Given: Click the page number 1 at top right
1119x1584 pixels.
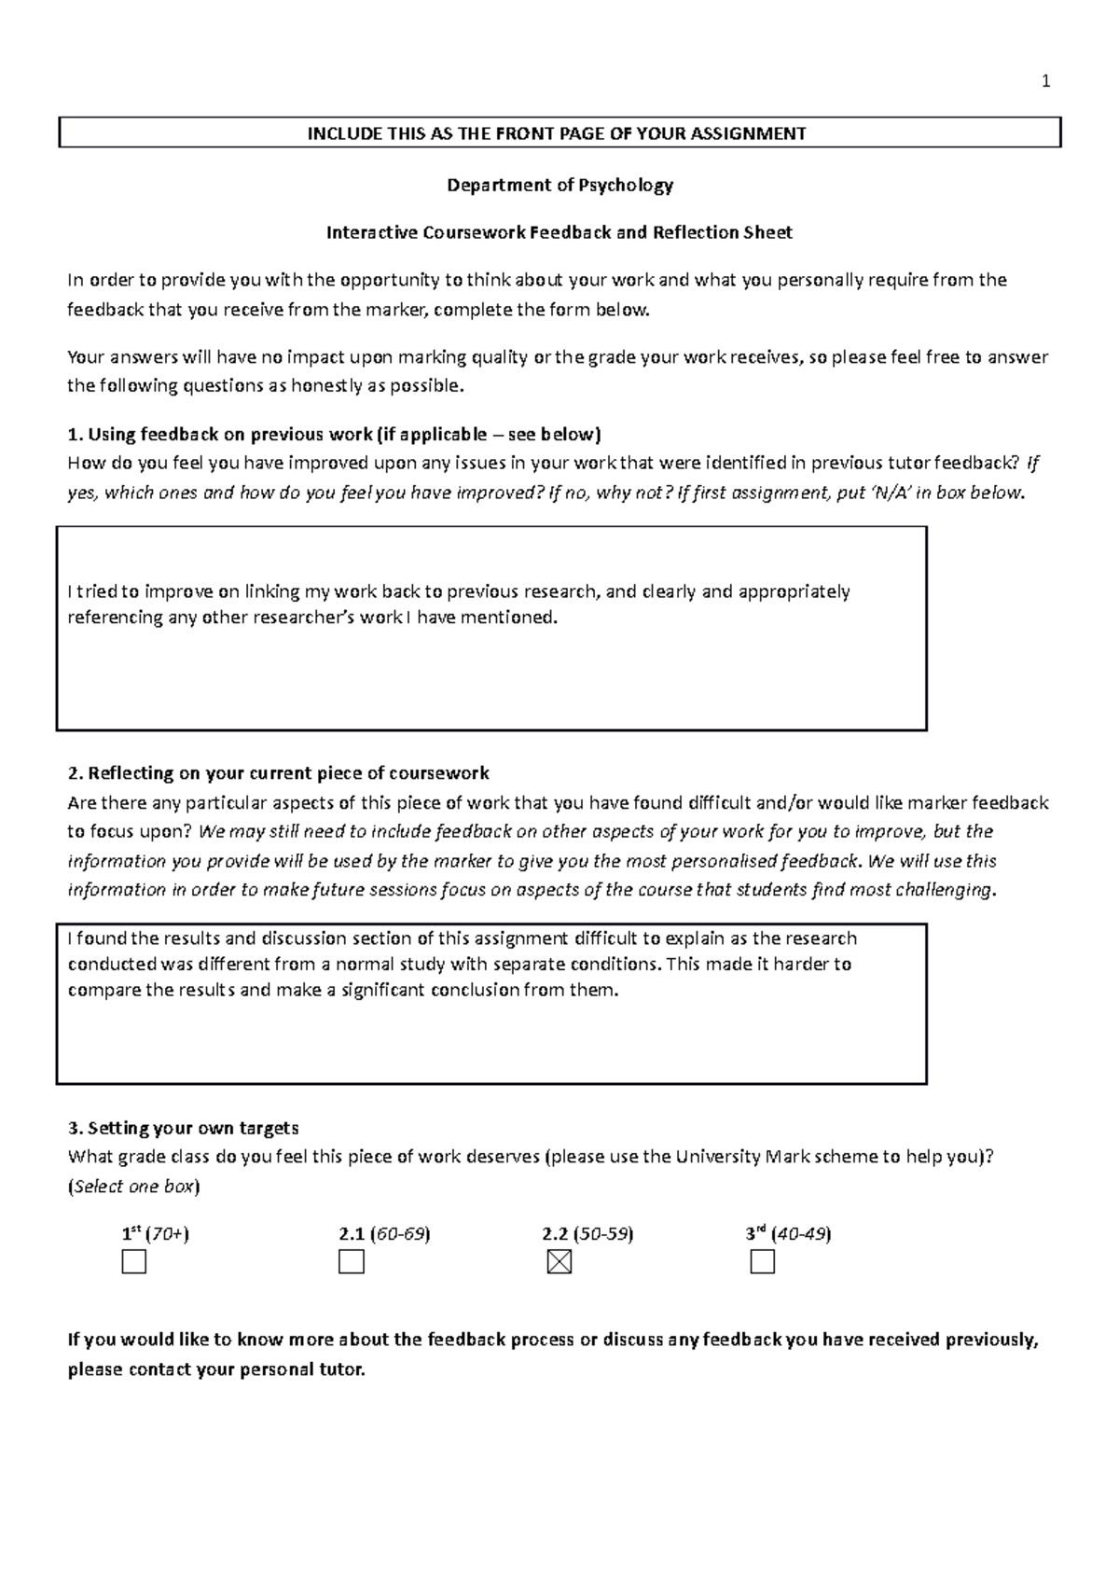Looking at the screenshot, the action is coord(1045,82).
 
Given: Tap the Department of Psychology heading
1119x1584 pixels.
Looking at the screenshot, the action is coord(559,185).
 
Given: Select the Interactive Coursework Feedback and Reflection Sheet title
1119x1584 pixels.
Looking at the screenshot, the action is coord(559,232).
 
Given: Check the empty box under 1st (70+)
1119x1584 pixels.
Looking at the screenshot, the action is coord(134,1262).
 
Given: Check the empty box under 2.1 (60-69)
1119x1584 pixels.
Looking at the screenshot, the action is coord(352,1262).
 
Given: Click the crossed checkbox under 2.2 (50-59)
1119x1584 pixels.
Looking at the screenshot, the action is coord(559,1262).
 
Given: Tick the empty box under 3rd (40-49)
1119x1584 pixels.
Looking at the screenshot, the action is coord(762,1262).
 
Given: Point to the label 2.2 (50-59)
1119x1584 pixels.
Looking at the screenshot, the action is coord(587,1233).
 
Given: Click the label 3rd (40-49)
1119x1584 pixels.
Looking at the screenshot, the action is coord(788,1233).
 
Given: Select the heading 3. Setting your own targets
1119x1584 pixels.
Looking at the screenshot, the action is coord(183,1128).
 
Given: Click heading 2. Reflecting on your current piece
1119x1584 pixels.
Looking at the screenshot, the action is coord(278,773).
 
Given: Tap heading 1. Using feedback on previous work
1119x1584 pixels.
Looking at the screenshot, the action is coord(334,434).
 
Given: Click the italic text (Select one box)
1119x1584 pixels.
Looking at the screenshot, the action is coord(134,1187).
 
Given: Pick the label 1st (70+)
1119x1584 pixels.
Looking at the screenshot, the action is coord(155,1233).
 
